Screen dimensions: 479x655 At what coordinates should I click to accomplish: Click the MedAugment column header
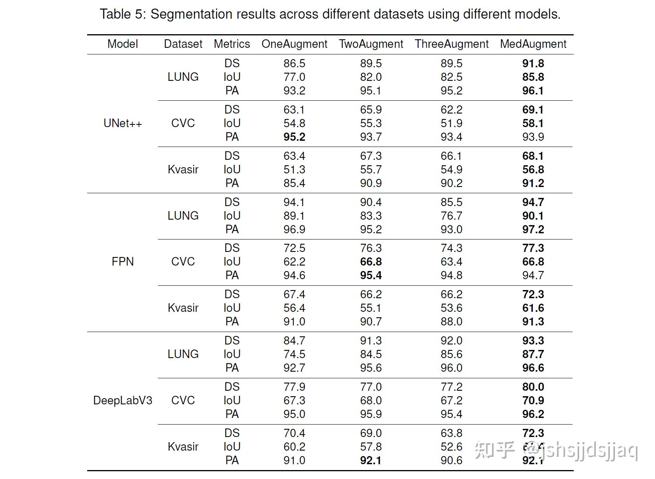[533, 44]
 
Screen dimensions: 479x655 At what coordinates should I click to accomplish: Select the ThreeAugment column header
[451, 44]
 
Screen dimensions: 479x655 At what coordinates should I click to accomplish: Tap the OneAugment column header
[294, 44]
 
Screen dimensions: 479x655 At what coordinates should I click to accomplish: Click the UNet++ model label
[123, 124]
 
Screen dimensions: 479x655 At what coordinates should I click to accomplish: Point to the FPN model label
[123, 262]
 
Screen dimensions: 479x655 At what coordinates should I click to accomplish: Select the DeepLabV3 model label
[123, 400]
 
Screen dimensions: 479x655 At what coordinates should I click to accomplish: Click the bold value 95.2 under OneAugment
[294, 137]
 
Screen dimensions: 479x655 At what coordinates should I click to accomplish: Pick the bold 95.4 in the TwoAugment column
[371, 275]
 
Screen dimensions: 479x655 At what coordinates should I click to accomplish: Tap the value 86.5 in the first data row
[294, 63]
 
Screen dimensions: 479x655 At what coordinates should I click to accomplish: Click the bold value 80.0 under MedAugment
[533, 387]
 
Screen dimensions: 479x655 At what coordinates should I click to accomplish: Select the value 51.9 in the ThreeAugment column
[451, 123]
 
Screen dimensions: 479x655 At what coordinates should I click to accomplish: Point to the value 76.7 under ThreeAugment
[451, 216]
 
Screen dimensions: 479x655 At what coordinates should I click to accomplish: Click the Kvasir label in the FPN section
[183, 308]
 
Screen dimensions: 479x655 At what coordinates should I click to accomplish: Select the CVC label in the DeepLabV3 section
[183, 400]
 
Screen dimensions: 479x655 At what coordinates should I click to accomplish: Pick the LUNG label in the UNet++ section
[183, 77]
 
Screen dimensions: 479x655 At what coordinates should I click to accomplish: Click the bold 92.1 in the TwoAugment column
[371, 460]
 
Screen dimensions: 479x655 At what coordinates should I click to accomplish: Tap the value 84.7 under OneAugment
[294, 341]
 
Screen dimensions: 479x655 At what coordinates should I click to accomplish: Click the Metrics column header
[232, 44]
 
